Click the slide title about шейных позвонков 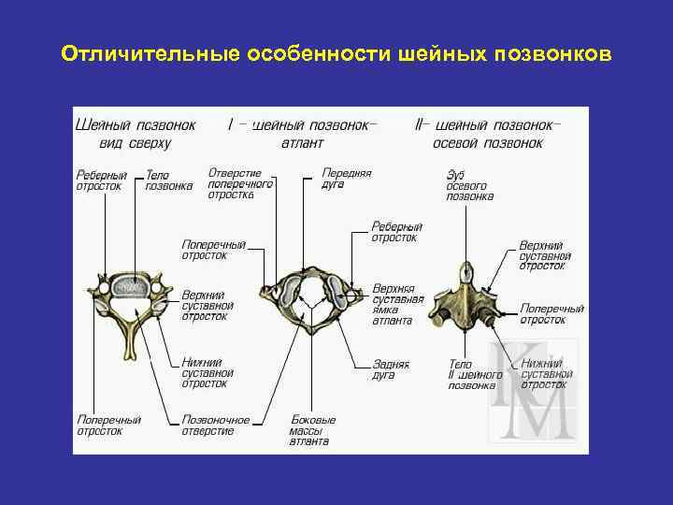click(336, 53)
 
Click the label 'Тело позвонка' click(169, 180)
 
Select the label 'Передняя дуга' click(346, 179)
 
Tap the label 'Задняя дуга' click(383, 368)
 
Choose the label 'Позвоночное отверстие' click(216, 426)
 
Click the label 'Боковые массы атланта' click(313, 430)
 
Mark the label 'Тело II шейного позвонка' click(471, 373)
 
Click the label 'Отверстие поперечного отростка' click(240, 184)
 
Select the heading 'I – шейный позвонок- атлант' click(303, 134)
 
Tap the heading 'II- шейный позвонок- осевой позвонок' click(487, 134)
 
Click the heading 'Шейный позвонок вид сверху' click(136, 134)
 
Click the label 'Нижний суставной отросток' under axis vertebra click(544, 373)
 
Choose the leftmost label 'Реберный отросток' click(101, 180)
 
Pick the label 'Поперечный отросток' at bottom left click(108, 426)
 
